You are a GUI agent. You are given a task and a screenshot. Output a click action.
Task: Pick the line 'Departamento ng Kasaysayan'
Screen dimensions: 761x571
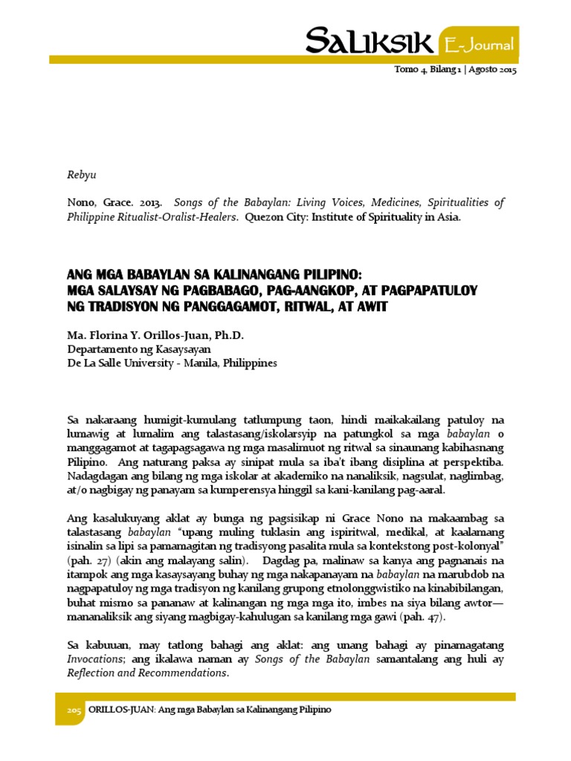(x=139, y=349)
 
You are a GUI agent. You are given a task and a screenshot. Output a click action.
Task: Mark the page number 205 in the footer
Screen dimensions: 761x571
(x=73, y=710)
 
